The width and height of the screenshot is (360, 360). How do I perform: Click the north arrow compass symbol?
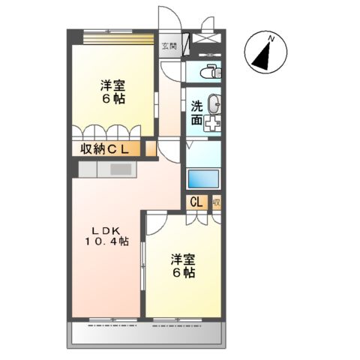tap(265, 52)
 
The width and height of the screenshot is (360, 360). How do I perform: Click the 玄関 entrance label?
tap(169, 46)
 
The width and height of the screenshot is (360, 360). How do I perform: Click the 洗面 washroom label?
tap(196, 112)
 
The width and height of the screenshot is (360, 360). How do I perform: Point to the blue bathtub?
tap(202, 180)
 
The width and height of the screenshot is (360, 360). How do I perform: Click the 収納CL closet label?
tap(106, 148)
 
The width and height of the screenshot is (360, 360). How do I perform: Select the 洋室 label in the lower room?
tap(182, 260)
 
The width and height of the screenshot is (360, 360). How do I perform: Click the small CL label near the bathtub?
tap(196, 201)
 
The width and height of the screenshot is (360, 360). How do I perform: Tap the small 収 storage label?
tap(216, 201)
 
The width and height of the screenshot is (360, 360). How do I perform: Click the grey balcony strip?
tap(147, 334)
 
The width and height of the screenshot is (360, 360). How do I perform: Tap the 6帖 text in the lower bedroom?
tap(183, 274)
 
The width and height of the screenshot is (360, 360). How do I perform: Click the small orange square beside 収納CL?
tap(151, 148)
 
